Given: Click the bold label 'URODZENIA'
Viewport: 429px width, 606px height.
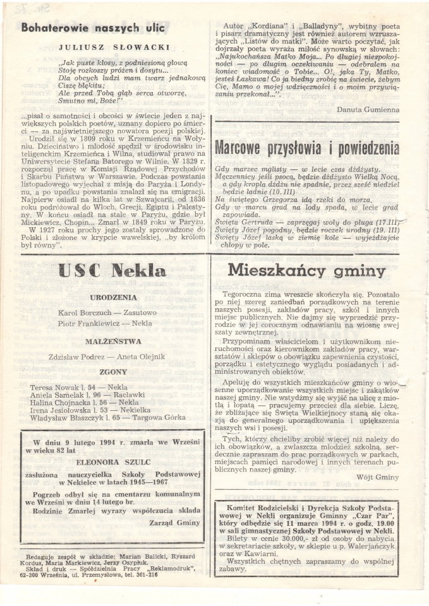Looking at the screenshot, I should pyautogui.click(x=113, y=297).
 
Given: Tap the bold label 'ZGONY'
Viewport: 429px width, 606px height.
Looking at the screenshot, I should pyautogui.click(x=113, y=372).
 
